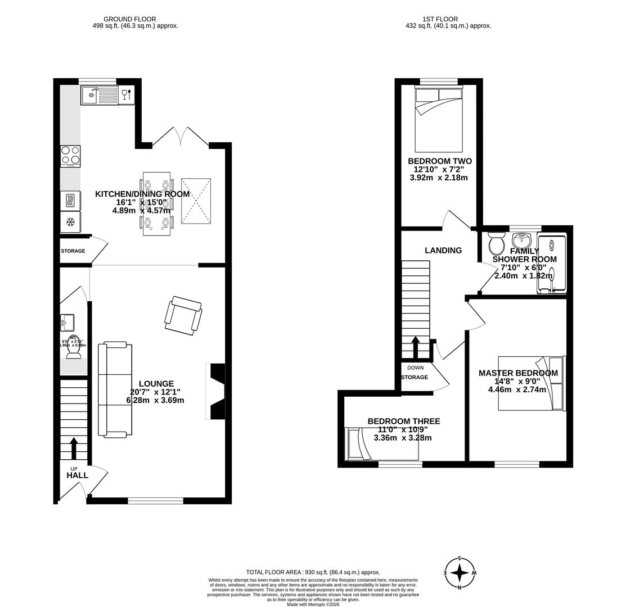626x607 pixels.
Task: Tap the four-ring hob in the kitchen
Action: [x=70, y=156]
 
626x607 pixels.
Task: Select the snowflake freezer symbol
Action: [x=71, y=222]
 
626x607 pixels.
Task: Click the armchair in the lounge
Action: [x=183, y=315]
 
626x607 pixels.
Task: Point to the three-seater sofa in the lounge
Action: [x=115, y=389]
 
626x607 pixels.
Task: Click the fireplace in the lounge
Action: [x=217, y=391]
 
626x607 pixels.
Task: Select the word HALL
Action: [x=77, y=475]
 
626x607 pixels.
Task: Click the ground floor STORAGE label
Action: [x=73, y=251]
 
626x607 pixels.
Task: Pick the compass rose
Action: [x=460, y=573]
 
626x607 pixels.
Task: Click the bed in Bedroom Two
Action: [x=438, y=119]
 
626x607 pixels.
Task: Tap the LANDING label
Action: [x=443, y=251]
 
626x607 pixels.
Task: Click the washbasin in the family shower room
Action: [x=521, y=240]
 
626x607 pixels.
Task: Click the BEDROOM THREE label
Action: [x=403, y=422]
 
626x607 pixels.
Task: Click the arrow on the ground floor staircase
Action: [x=74, y=447]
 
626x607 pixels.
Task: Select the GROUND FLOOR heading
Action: [x=129, y=19]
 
